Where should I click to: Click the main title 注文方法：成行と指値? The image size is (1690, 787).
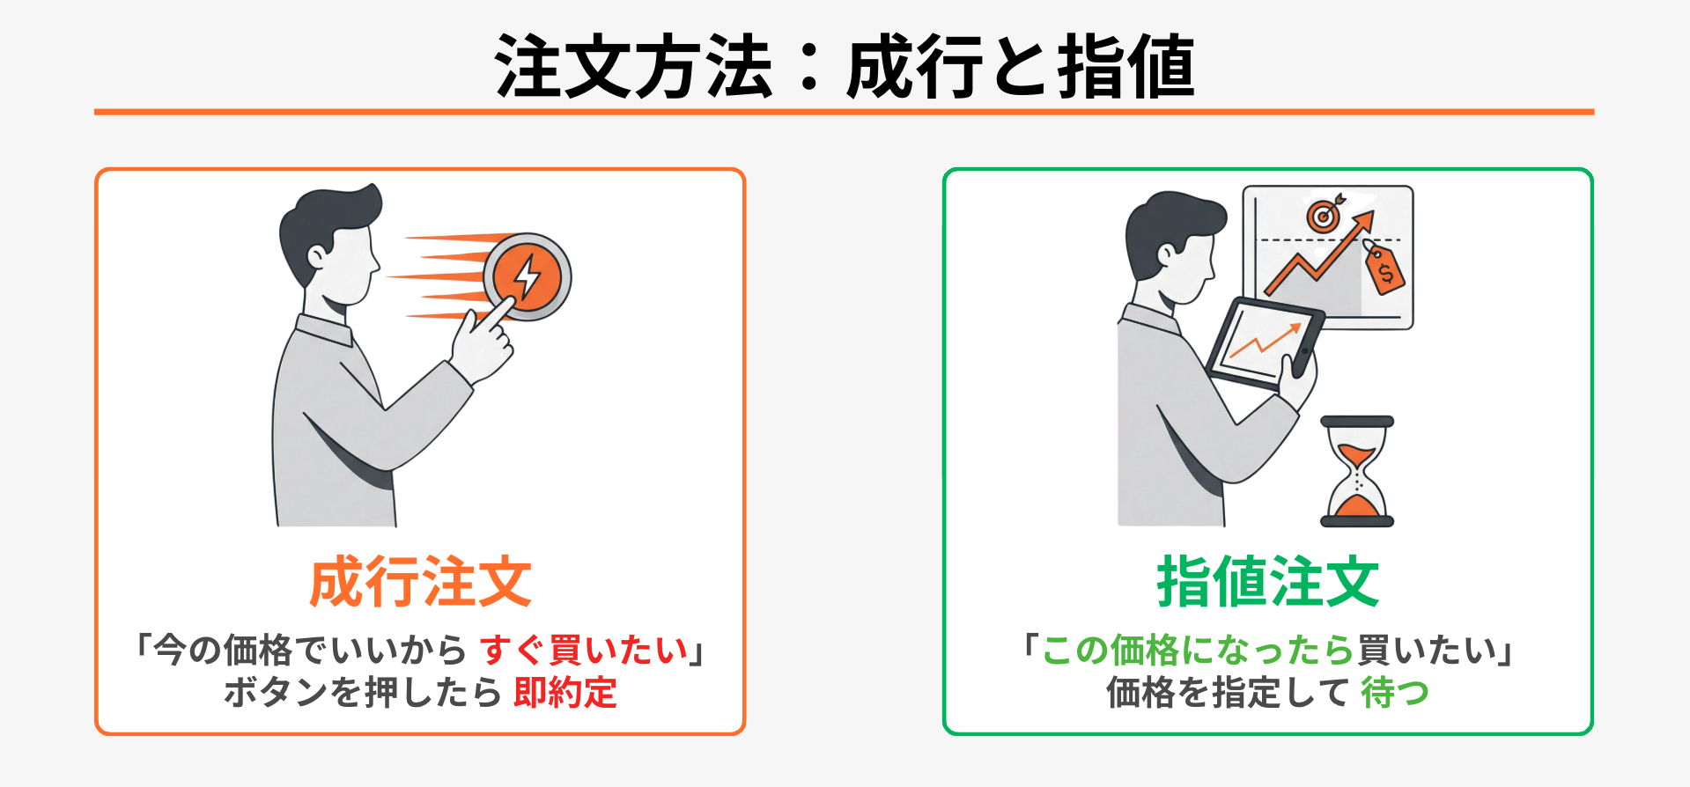pyautogui.click(x=845, y=66)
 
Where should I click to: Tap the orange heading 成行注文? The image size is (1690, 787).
pyautogui.click(x=421, y=582)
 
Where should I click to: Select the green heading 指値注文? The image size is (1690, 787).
pyautogui.click(x=1268, y=582)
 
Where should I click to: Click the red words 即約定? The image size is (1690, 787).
pyautogui.click(x=565, y=692)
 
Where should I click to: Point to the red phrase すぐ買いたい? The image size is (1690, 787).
pyautogui.click(x=584, y=650)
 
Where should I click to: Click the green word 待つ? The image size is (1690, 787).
pyautogui.click(x=1395, y=692)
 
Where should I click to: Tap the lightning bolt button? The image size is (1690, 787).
pyautogui.click(x=527, y=276)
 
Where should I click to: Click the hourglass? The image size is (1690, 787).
pyautogui.click(x=1357, y=471)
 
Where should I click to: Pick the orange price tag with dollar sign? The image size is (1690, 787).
pyautogui.click(x=1384, y=269)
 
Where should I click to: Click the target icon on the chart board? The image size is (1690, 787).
pyautogui.click(x=1324, y=213)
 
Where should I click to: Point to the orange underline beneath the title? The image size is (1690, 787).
pyautogui.click(x=844, y=112)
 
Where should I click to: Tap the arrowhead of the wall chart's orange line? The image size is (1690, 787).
pyautogui.click(x=1364, y=221)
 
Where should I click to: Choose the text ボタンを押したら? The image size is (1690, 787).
pyautogui.click(x=363, y=692)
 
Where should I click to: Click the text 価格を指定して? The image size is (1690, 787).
pyautogui.click(x=1228, y=692)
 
